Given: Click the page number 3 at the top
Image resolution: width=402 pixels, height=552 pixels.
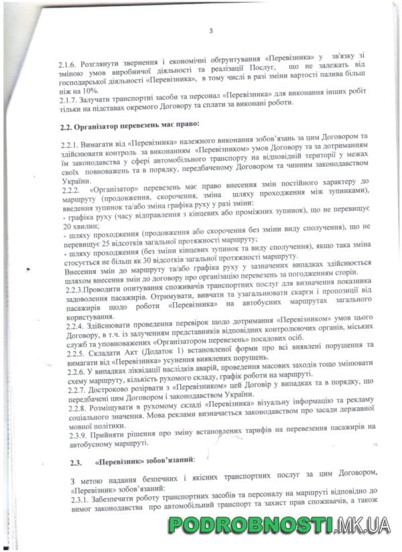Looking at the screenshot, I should (x=210, y=30).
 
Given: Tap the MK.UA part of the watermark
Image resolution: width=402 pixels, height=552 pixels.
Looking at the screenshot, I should (x=362, y=526).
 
